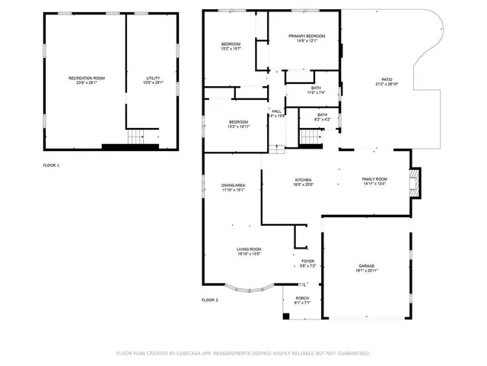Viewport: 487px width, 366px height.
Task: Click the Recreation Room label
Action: pos(86,80)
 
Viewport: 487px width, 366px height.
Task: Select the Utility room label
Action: pos(154,80)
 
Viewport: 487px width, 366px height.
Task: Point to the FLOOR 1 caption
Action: pos(51,165)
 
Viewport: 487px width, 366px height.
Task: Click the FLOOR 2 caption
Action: pos(210,300)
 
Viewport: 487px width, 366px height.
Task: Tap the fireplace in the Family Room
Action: pos(414,181)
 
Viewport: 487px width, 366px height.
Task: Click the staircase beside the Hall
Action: pos(309,137)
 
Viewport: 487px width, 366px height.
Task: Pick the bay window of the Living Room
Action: pos(250,290)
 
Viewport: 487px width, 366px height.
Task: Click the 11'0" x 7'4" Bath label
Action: pos(316,90)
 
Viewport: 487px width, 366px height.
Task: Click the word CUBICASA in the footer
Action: pos(193,353)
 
